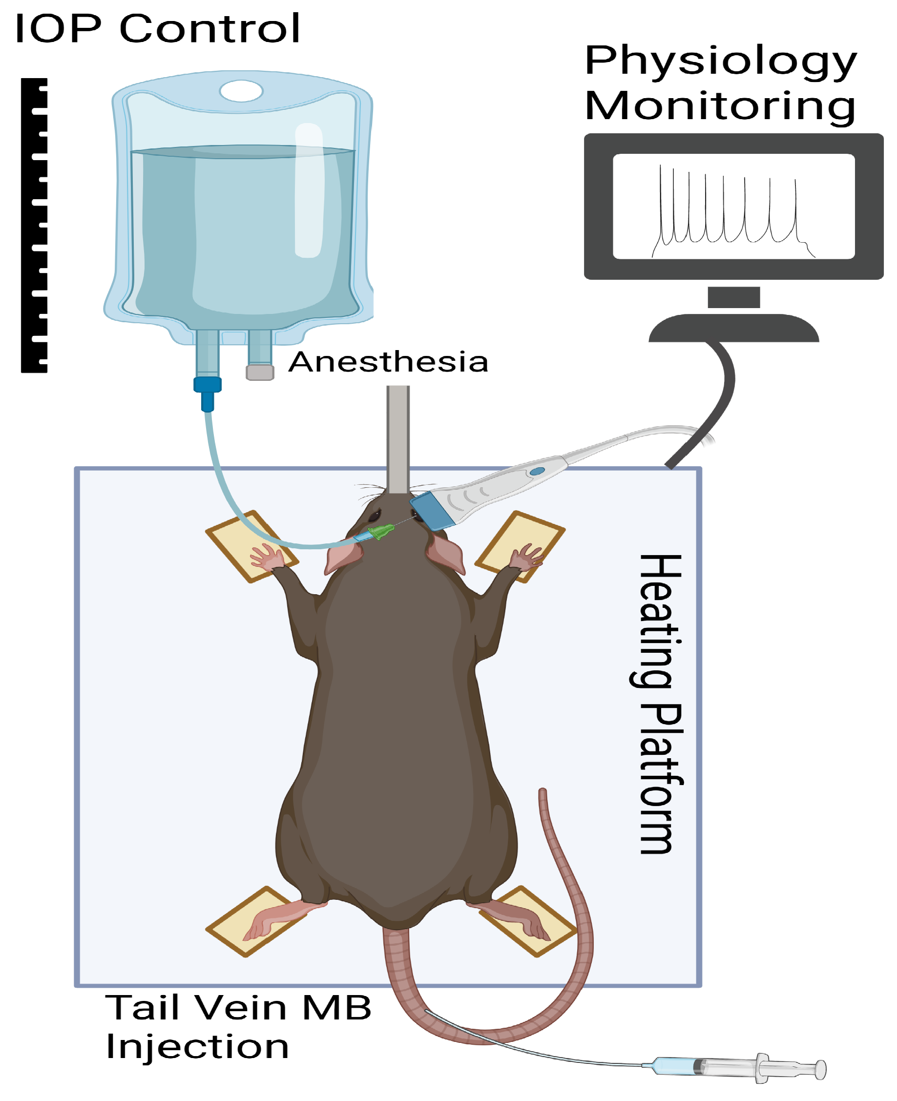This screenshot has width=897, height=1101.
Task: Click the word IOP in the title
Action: pos(58,28)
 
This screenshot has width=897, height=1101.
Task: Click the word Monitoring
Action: pos(720,106)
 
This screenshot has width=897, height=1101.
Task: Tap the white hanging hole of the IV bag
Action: pos(241,91)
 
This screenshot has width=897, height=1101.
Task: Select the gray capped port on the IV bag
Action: pos(260,372)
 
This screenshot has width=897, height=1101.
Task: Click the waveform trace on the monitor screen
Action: pos(729,212)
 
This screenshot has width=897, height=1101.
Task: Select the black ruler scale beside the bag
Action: pos(34,225)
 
